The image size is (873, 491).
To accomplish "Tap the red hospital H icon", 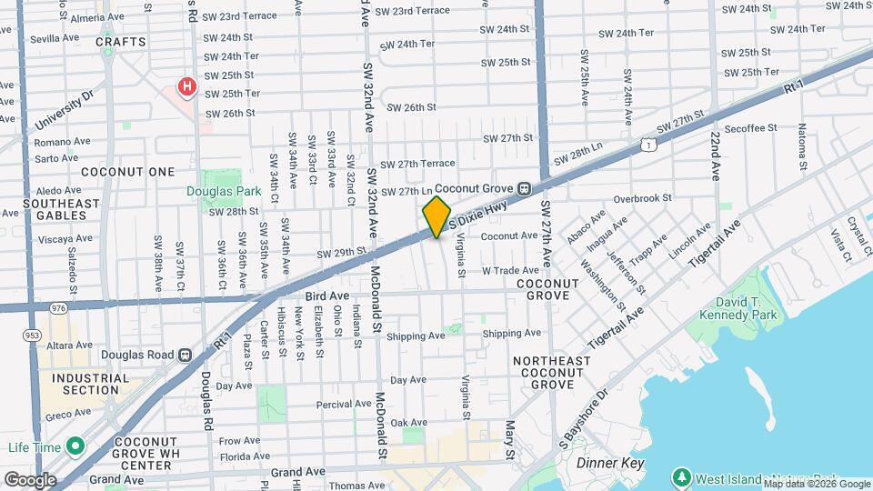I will click(187, 87).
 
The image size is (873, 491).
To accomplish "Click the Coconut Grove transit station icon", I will click(525, 188).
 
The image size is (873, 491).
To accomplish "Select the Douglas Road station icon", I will click(185, 355).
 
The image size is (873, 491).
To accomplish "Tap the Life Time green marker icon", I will click(75, 447).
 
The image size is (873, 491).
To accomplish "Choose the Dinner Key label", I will click(610, 464).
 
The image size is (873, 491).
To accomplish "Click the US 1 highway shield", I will click(647, 144).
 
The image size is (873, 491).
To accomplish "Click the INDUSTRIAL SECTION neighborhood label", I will click(85, 384).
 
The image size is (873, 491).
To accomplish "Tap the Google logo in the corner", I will click(30, 479).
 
